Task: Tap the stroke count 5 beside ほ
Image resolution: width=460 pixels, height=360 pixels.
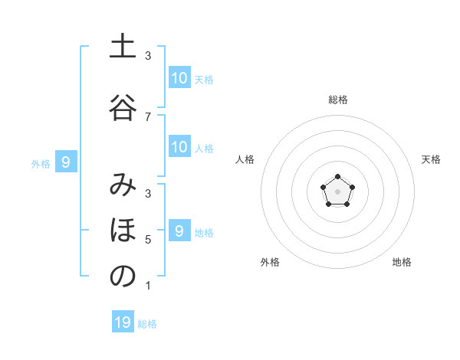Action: (148, 240)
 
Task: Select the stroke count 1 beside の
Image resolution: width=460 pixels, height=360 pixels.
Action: (148, 286)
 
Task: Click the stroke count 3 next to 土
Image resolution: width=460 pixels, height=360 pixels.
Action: (148, 56)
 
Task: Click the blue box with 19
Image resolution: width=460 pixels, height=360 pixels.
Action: (123, 322)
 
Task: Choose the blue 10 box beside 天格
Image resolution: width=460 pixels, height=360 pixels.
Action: (179, 78)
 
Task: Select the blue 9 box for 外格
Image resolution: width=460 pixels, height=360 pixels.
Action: (66, 162)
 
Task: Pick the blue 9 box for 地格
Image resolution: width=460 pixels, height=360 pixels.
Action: (179, 231)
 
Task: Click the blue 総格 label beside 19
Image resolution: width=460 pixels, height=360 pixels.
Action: (147, 324)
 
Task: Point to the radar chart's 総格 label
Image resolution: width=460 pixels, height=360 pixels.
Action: (337, 100)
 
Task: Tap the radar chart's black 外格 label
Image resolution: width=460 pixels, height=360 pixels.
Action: (270, 262)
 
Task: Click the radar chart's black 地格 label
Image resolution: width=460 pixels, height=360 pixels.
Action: (402, 262)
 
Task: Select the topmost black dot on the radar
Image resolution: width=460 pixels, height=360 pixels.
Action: (337, 177)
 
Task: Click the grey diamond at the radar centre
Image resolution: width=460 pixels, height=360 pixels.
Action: (337, 191)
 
